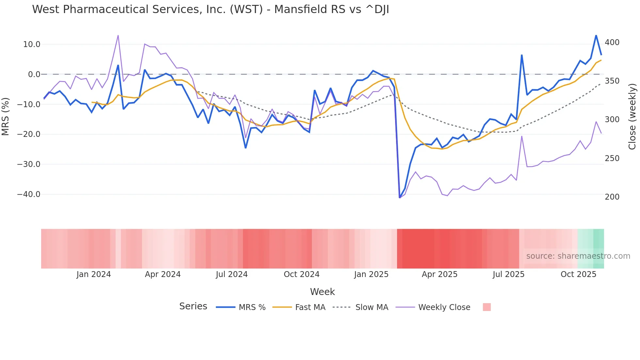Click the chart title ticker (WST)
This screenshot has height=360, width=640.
[x=246, y=9]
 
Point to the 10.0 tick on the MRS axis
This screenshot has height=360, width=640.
[x=32, y=44]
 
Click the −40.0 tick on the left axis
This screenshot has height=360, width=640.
[x=29, y=194]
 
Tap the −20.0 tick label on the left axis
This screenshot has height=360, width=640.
[x=29, y=134]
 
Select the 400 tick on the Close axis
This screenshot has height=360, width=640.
[x=612, y=42]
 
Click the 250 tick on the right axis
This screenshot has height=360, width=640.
[x=612, y=158]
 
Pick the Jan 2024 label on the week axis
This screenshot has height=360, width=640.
[x=94, y=274]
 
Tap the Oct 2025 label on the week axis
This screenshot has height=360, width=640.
[x=578, y=274]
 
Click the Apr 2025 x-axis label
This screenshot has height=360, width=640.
[x=440, y=274]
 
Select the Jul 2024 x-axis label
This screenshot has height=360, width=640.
[x=232, y=274]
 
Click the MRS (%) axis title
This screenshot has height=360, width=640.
[x=6, y=117]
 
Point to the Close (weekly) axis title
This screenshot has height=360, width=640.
[x=632, y=117]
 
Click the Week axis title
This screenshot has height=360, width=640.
[x=322, y=292]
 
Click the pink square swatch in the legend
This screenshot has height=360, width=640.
[x=487, y=307]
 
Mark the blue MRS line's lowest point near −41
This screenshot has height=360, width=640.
[x=400, y=197]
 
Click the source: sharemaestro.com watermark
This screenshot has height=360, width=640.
[x=578, y=256]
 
